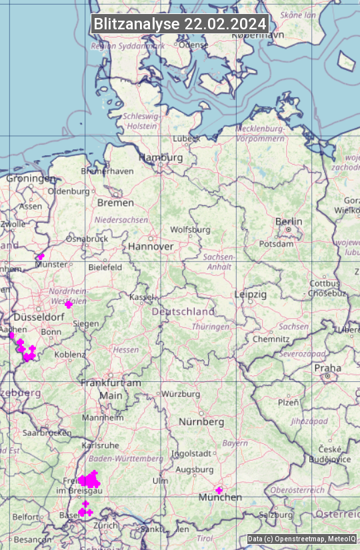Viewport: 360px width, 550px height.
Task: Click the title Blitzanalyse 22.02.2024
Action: click(x=180, y=24)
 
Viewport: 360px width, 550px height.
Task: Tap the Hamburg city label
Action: click(x=161, y=158)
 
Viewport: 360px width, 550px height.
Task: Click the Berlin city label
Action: click(x=289, y=222)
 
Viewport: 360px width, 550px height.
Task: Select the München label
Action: click(x=221, y=498)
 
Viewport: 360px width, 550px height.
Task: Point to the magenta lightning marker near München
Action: click(x=219, y=490)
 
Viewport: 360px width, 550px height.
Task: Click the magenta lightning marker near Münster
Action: click(x=41, y=257)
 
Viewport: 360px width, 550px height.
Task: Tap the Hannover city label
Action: click(x=151, y=247)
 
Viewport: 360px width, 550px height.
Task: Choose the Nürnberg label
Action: click(x=201, y=422)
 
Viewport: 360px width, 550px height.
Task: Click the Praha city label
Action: click(x=327, y=368)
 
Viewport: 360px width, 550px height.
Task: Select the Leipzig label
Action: click(x=250, y=294)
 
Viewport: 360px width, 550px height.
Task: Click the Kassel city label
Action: click(x=142, y=297)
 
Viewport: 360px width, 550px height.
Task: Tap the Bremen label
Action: click(x=115, y=203)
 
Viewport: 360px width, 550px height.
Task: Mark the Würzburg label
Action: click(x=181, y=394)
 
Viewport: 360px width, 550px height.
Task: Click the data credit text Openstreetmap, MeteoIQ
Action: click(x=302, y=539)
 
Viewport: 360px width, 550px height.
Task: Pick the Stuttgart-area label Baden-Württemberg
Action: click(x=126, y=459)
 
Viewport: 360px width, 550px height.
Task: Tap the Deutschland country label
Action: click(x=183, y=312)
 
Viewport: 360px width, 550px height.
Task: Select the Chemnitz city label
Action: click(x=271, y=339)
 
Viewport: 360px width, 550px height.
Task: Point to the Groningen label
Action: click(x=31, y=179)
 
